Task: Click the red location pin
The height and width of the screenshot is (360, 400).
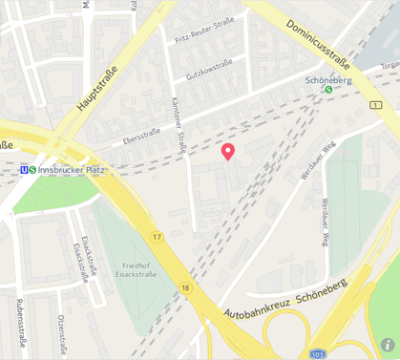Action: (x=228, y=151)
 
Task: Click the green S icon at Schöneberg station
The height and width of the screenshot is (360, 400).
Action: (x=329, y=91)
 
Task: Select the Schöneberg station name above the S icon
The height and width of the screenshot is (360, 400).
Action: (x=329, y=80)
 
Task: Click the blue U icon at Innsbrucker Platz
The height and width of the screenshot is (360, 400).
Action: (x=24, y=170)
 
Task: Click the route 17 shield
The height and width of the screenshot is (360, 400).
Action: (x=156, y=236)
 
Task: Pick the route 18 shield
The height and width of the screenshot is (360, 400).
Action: (x=185, y=287)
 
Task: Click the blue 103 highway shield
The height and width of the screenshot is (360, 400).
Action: (x=318, y=353)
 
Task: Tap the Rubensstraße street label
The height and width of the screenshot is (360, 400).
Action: (x=18, y=326)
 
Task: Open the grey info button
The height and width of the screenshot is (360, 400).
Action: (x=388, y=345)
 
